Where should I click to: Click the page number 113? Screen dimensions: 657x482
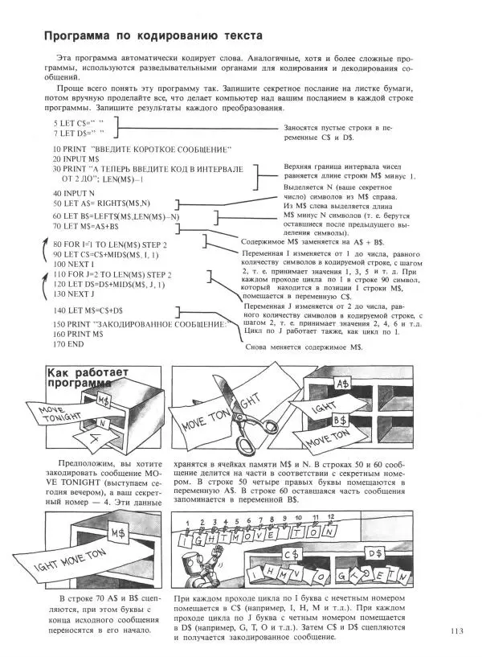(x=460, y=631)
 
